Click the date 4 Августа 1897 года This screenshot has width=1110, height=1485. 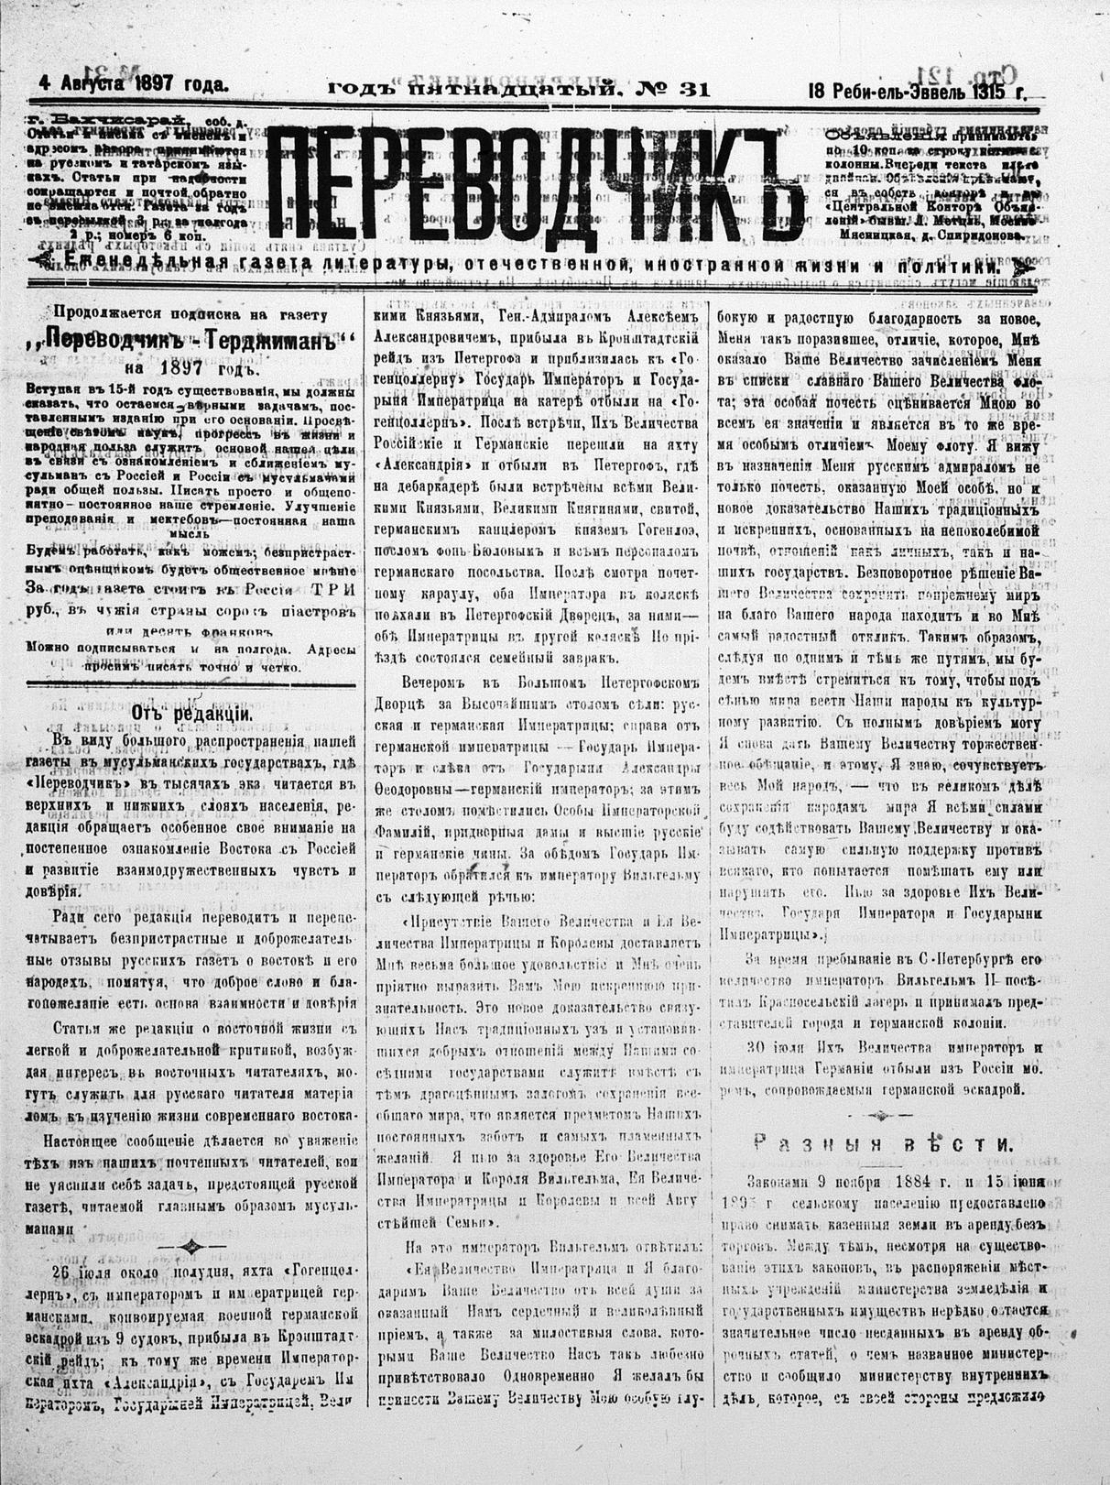pyautogui.click(x=134, y=84)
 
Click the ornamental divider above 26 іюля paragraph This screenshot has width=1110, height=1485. pyautogui.click(x=191, y=1245)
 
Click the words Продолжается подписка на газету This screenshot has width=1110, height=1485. pyautogui.click(x=192, y=312)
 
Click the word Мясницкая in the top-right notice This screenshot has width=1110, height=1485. pyautogui.click(x=870, y=234)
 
